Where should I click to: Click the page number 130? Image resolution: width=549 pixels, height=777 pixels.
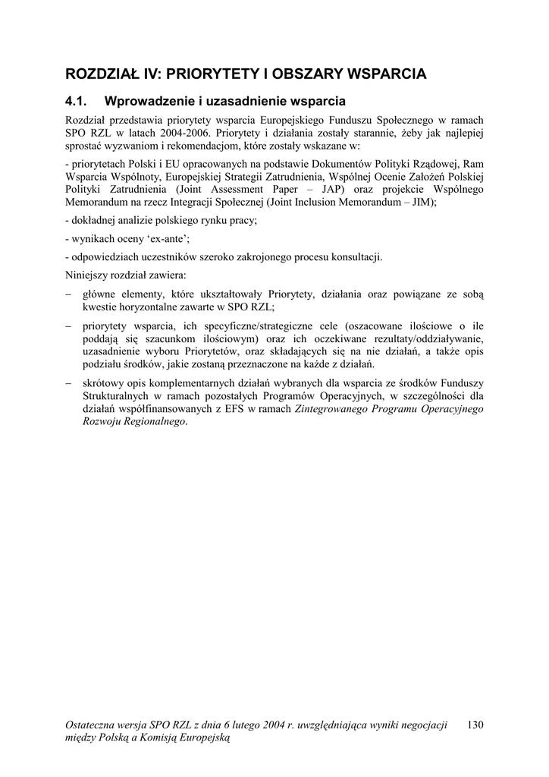click(476, 725)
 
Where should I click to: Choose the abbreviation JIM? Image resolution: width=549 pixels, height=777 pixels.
click(420, 203)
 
